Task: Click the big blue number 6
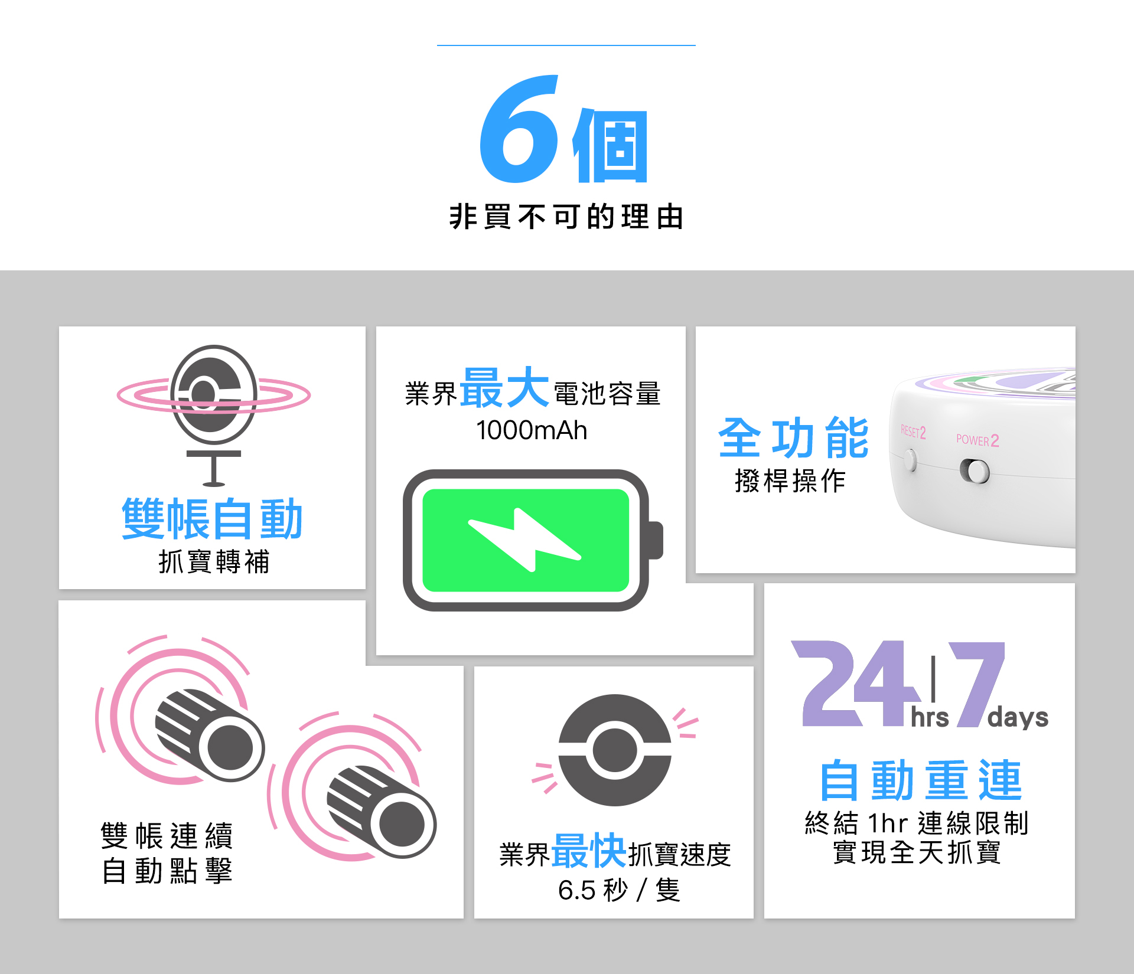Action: pyautogui.click(x=519, y=130)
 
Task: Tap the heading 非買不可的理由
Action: pyautogui.click(x=566, y=217)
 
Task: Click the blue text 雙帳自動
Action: pyautogui.click(x=212, y=519)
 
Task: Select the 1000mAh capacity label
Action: pyautogui.click(x=532, y=430)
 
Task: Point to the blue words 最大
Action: pyautogui.click(x=504, y=388)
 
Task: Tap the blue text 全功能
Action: pyautogui.click(x=793, y=437)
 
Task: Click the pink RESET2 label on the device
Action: pyautogui.click(x=913, y=432)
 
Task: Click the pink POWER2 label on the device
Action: pyautogui.click(x=977, y=440)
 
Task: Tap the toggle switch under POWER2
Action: pyautogui.click(x=975, y=471)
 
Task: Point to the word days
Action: pyautogui.click(x=1018, y=718)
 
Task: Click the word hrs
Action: pyautogui.click(x=930, y=718)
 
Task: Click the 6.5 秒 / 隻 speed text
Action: pyautogui.click(x=619, y=890)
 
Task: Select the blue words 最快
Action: pyautogui.click(x=588, y=851)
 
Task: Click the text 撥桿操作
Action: pyautogui.click(x=790, y=481)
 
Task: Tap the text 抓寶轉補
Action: pyautogui.click(x=214, y=561)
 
